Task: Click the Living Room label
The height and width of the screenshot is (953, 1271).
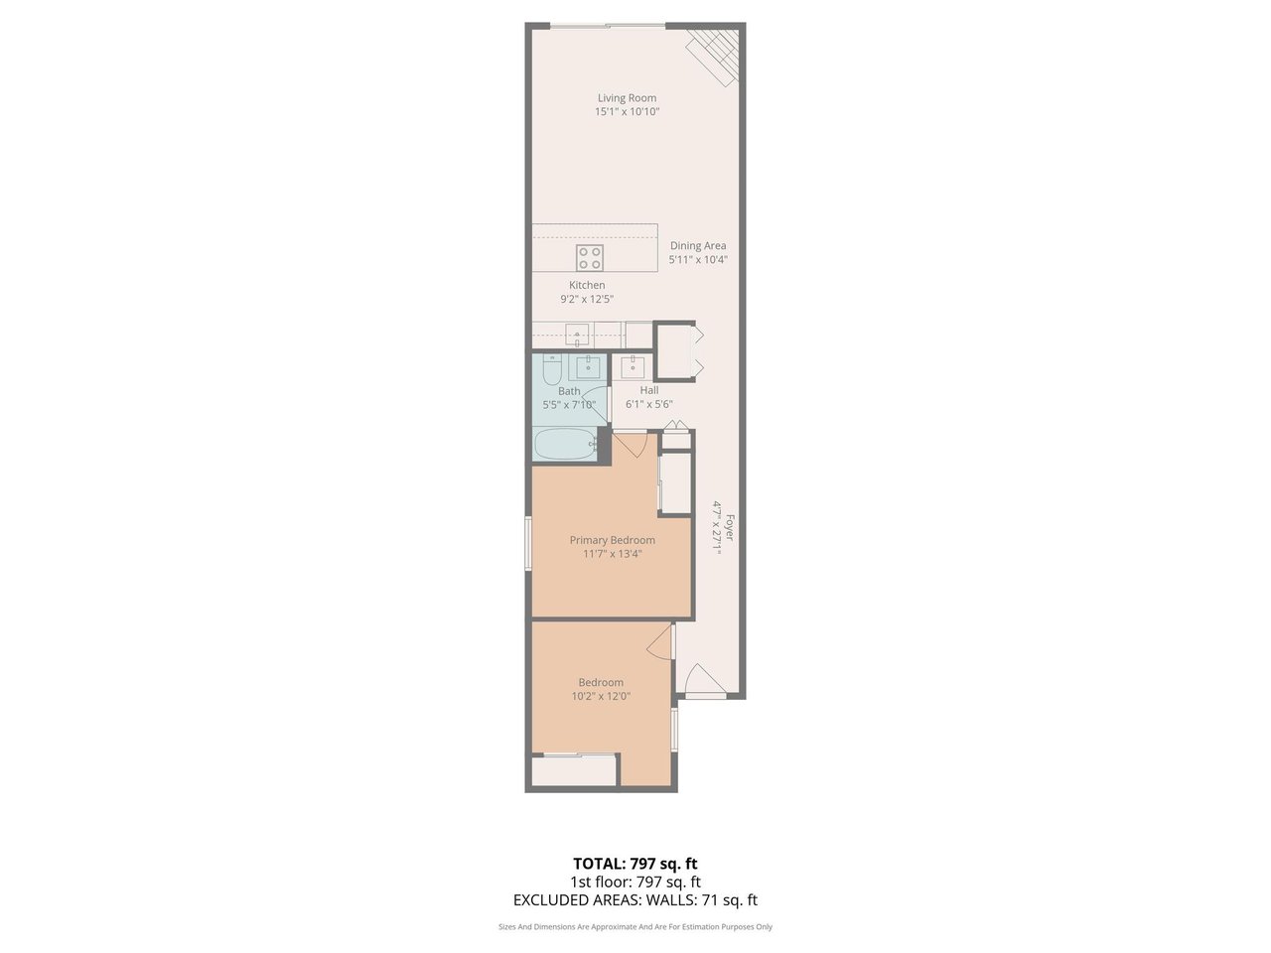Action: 628,98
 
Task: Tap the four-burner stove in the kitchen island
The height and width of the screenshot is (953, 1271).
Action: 590,258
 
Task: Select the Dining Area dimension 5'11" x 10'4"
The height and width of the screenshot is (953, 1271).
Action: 698,260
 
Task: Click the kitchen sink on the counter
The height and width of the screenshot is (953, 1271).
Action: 577,335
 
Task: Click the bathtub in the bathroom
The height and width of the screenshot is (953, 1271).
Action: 566,445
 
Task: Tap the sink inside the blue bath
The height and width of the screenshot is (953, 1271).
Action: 588,367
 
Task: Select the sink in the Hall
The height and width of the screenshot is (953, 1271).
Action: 633,367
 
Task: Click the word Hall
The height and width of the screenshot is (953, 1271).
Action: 649,390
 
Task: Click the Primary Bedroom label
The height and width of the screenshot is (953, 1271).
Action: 613,540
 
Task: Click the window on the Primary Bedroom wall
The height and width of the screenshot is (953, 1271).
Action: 528,543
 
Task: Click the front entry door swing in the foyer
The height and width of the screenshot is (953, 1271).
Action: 703,678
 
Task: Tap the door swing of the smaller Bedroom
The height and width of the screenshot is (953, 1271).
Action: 660,640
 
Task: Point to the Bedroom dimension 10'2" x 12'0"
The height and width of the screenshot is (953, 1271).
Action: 601,696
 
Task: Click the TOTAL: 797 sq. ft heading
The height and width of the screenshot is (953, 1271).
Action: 635,864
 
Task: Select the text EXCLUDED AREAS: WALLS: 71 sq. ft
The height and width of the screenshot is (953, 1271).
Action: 635,899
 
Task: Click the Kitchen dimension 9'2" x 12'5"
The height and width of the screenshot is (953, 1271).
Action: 587,299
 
